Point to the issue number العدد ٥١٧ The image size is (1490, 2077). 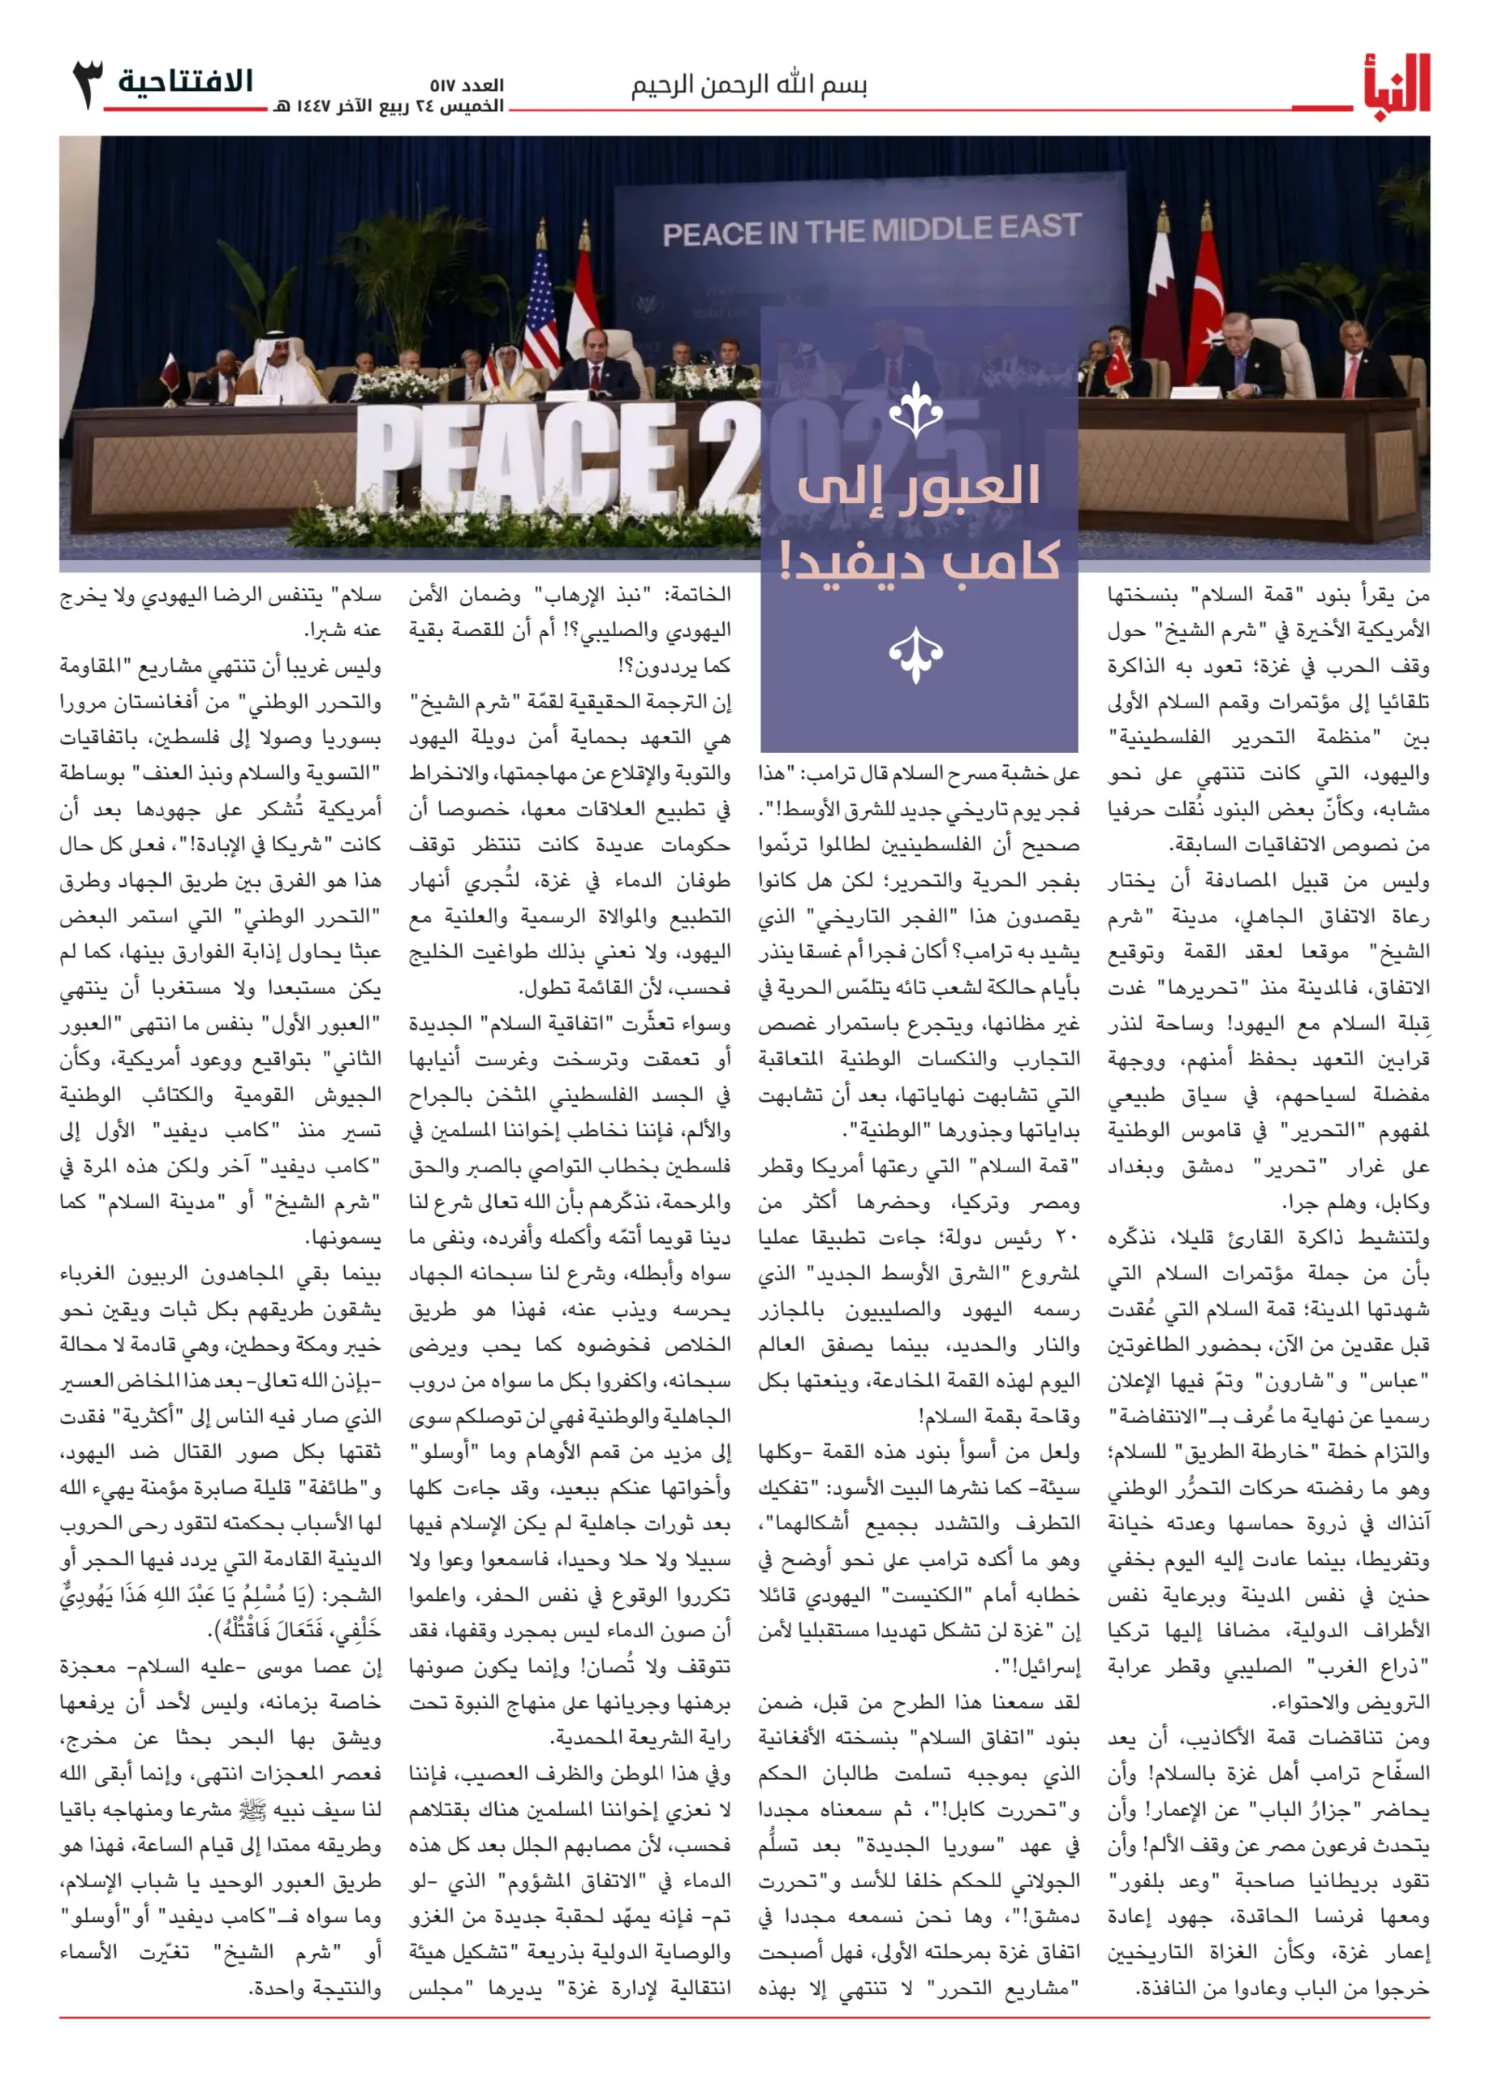[x=467, y=86]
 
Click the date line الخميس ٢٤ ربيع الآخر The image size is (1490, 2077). [x=390, y=106]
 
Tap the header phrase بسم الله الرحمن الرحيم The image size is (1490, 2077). [x=748, y=86]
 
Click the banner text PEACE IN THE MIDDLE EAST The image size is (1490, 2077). [x=871, y=230]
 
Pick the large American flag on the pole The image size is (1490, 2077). [x=540, y=307]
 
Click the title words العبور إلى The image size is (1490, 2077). [x=919, y=486]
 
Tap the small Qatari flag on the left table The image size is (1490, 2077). [x=171, y=370]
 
